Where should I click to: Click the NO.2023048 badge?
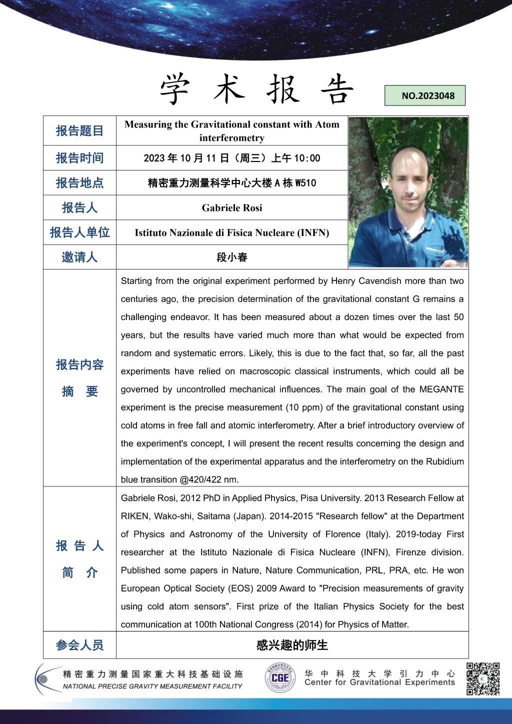(424, 95)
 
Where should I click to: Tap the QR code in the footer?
(483, 678)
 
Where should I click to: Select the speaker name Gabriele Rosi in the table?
(232, 207)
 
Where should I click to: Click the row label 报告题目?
(79, 131)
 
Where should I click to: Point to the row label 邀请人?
(79, 257)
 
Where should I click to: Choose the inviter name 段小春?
(232, 257)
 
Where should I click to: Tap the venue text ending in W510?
(232, 183)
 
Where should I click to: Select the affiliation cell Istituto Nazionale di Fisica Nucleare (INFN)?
(232, 232)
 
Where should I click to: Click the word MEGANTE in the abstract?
(441, 389)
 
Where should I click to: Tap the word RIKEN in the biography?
(135, 516)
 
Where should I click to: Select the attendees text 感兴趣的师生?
(292, 645)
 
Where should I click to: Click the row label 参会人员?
(79, 645)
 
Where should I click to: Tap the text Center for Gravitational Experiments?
(379, 682)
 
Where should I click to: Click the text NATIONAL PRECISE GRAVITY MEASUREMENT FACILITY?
(152, 686)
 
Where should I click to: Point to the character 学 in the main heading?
(177, 90)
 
